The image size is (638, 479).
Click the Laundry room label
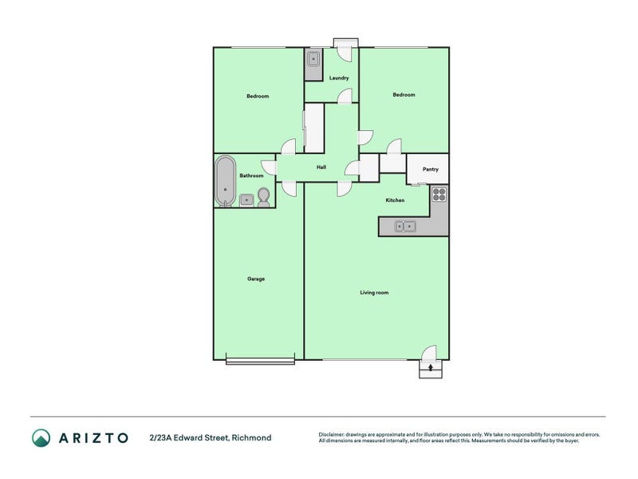(339, 77)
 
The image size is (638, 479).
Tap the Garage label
(256, 279)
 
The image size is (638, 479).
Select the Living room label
(374, 292)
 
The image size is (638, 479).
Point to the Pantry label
(431, 169)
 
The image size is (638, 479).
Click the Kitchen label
(395, 200)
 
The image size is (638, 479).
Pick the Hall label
(321, 167)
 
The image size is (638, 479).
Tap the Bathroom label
(251, 176)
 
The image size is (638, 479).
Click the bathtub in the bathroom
(225, 181)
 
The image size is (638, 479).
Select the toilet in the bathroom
(264, 197)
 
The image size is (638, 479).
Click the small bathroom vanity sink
(246, 200)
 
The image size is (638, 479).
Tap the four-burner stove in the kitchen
(439, 194)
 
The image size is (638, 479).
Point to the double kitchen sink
(405, 226)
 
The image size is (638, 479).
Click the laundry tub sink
(313, 60)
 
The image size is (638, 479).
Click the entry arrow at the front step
(431, 368)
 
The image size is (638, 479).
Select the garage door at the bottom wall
(261, 361)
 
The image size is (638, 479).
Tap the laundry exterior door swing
(345, 54)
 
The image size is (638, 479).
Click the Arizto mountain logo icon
(41, 437)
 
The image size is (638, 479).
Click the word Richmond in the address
(251, 437)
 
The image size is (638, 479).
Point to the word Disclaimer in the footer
(331, 434)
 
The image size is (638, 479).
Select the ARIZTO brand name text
(93, 437)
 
